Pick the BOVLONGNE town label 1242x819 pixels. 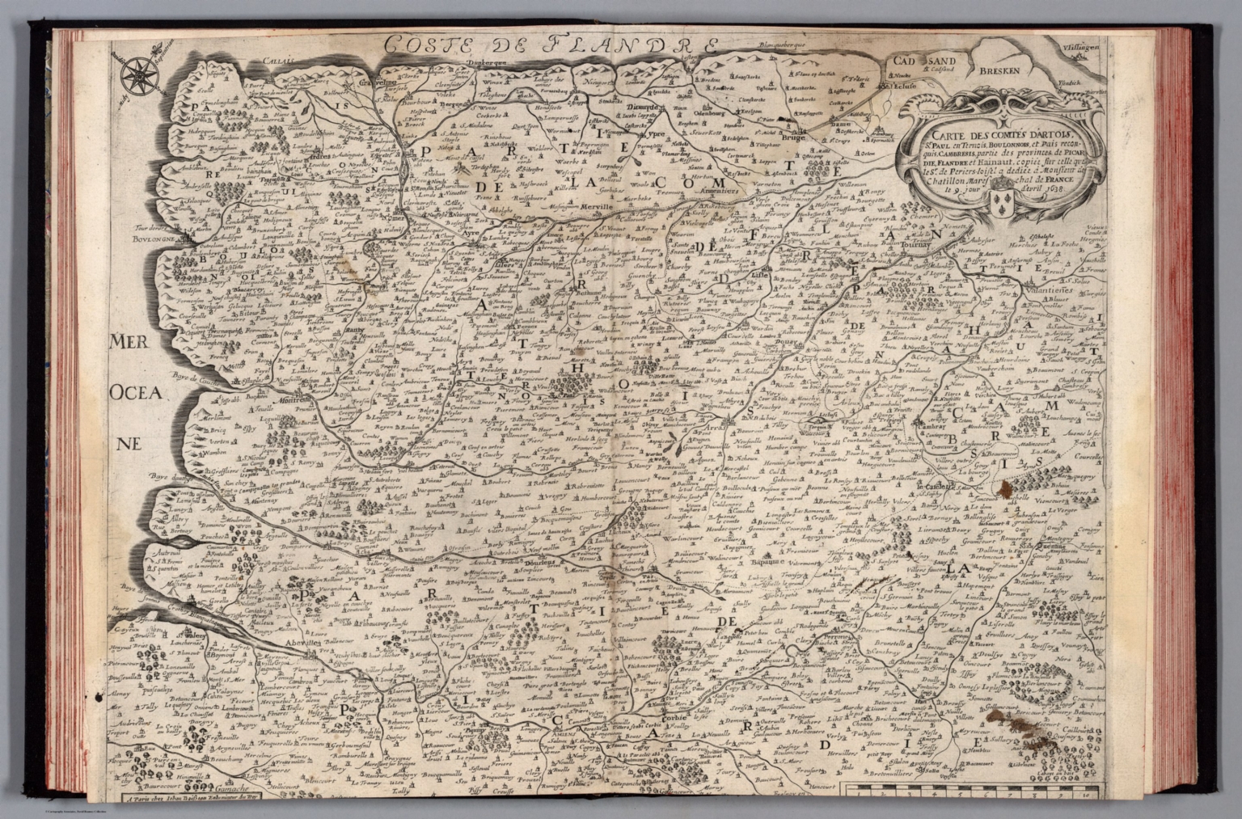tap(130, 239)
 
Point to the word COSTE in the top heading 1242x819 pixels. tap(429, 44)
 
